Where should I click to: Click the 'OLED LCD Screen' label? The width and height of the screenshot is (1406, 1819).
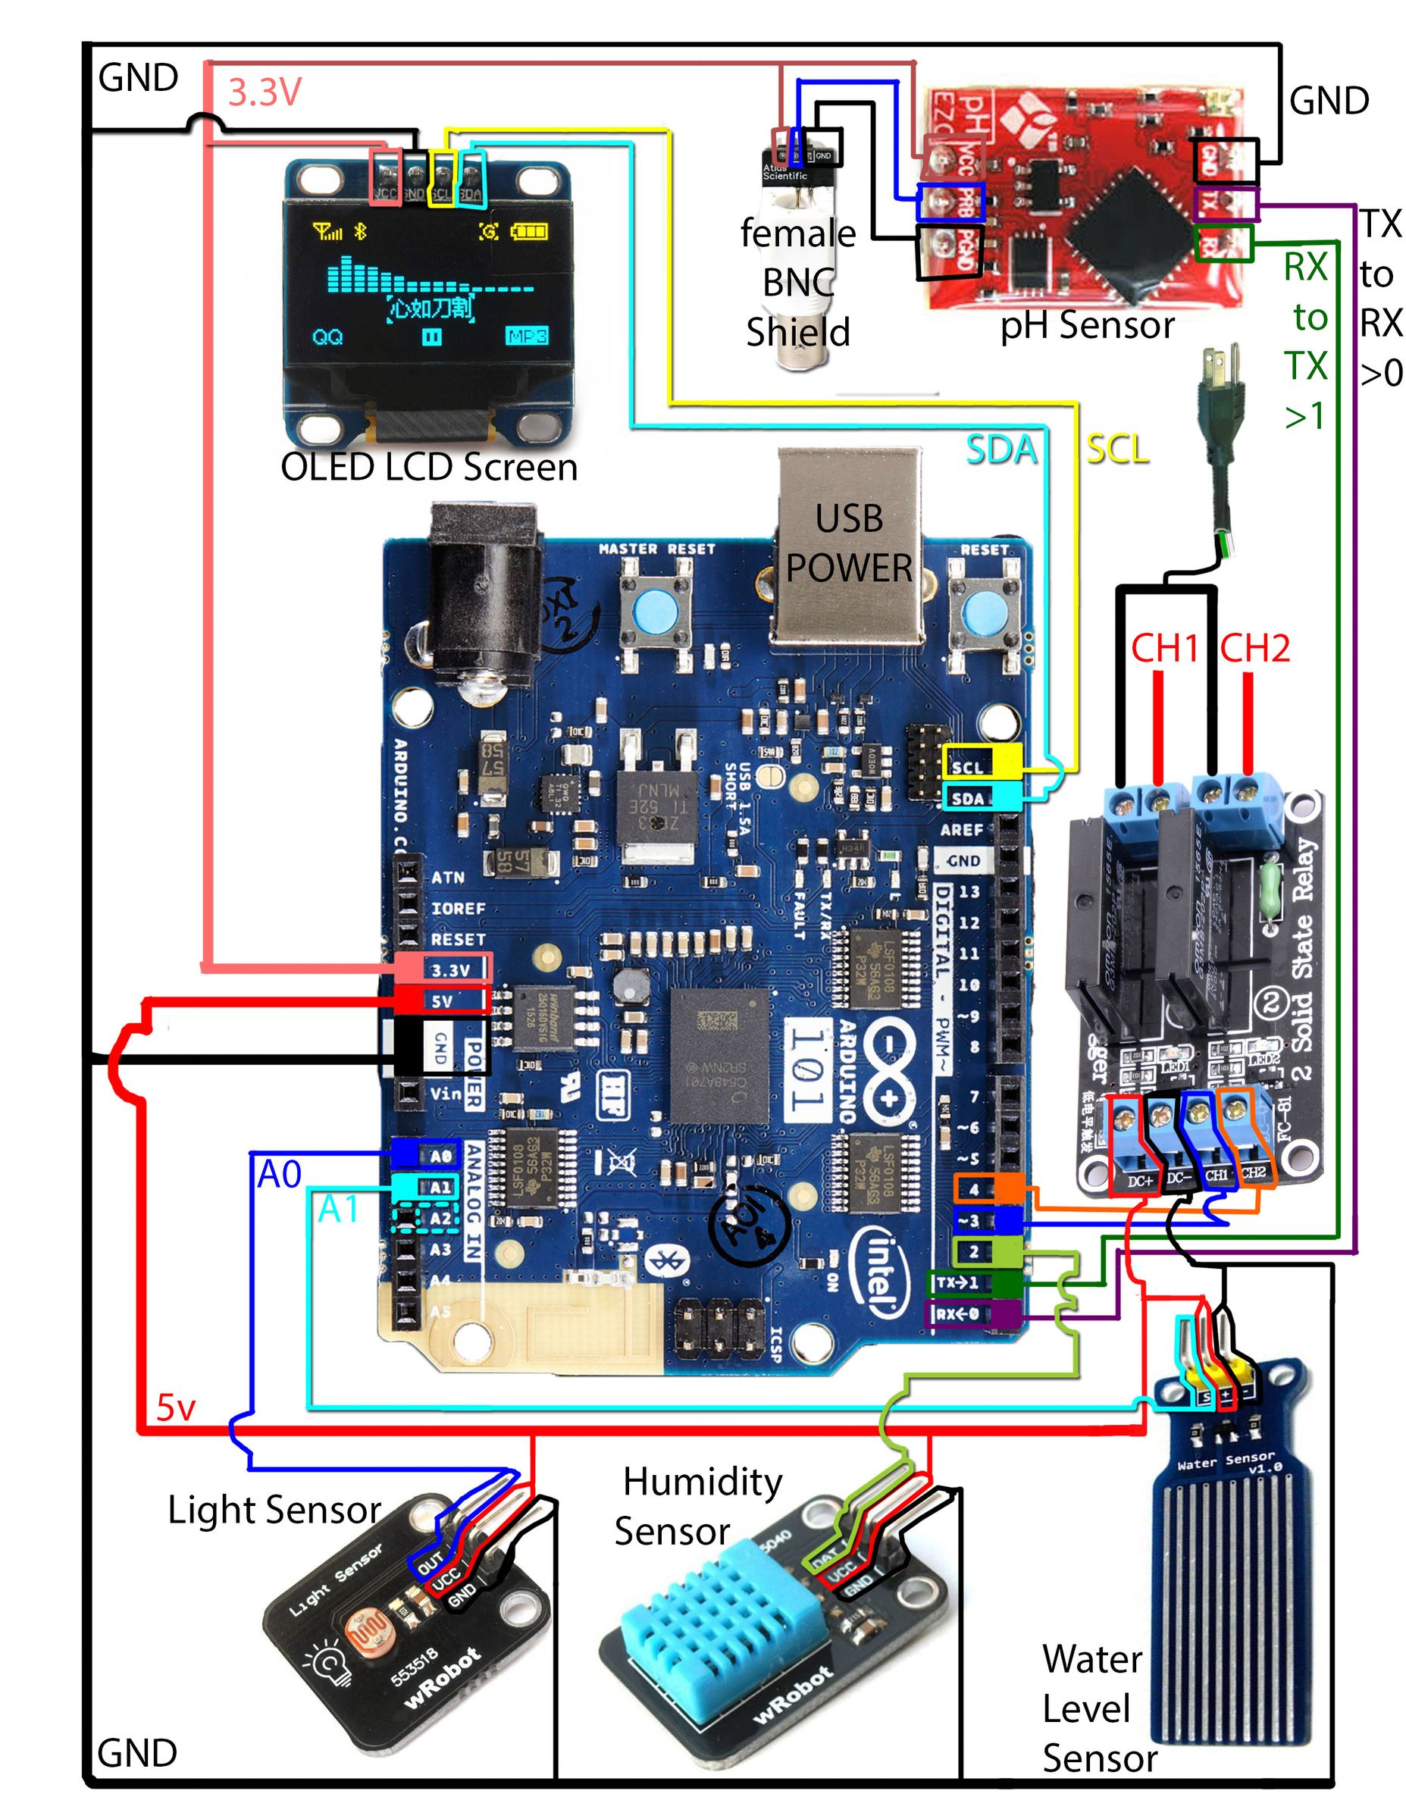[x=429, y=467]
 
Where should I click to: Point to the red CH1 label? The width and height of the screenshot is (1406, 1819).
[x=1163, y=648]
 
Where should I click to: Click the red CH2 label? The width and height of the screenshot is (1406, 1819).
[x=1254, y=648]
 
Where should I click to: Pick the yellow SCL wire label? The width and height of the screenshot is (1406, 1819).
[x=1117, y=449]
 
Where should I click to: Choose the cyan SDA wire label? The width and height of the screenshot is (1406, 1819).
[x=1001, y=449]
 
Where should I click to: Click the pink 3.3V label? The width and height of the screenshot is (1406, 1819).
[x=264, y=92]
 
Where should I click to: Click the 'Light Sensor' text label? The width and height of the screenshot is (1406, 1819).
[x=274, y=1509]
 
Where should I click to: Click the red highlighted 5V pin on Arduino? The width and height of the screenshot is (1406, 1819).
[x=441, y=1000]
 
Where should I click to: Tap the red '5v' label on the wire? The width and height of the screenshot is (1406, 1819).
[x=176, y=1407]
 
